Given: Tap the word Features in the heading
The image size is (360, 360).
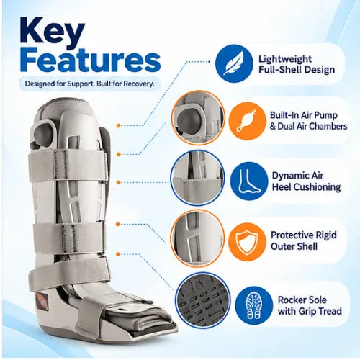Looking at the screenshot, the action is click(90, 60).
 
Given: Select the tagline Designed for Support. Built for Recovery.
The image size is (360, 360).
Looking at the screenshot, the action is click(89, 84).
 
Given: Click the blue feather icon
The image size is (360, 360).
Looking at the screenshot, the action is click(234, 63).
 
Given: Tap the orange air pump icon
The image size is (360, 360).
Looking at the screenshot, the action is click(247, 121).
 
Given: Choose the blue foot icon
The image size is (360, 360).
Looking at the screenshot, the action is click(249, 181).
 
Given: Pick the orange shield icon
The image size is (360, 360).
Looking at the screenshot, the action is click(247, 242).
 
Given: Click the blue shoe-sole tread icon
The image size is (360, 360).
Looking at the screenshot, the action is click(253, 305).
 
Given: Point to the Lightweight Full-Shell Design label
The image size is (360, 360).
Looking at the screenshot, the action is click(297, 64).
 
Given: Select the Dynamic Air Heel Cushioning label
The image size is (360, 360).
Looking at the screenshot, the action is click(306, 181).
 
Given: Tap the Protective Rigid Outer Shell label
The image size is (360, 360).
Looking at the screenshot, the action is click(304, 240).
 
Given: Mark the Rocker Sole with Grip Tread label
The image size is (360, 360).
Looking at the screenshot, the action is click(310, 305).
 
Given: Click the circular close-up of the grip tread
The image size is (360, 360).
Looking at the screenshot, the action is click(202, 301).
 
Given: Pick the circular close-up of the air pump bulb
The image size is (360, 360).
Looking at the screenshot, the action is click(198, 118).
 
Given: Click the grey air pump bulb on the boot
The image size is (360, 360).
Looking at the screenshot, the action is click(44, 133).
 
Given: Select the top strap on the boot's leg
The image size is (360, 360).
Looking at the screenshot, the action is click(68, 166).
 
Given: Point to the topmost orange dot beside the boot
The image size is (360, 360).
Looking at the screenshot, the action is click(118, 125).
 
